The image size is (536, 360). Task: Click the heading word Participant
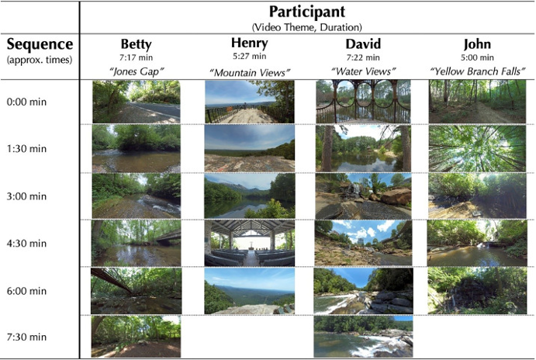click(307, 12)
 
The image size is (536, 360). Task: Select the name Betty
click(136, 44)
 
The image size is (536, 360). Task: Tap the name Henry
click(249, 43)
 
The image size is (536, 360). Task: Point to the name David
click(363, 44)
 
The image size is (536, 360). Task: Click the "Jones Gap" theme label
click(136, 71)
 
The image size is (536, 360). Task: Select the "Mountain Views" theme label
click(249, 71)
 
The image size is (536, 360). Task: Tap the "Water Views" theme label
click(363, 71)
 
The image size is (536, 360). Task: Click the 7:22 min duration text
click(363, 57)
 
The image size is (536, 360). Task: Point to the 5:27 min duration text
click(249, 55)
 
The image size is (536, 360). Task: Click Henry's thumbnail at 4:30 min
click(249, 243)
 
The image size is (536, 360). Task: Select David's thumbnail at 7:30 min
click(363, 335)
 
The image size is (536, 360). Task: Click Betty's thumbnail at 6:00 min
click(136, 290)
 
